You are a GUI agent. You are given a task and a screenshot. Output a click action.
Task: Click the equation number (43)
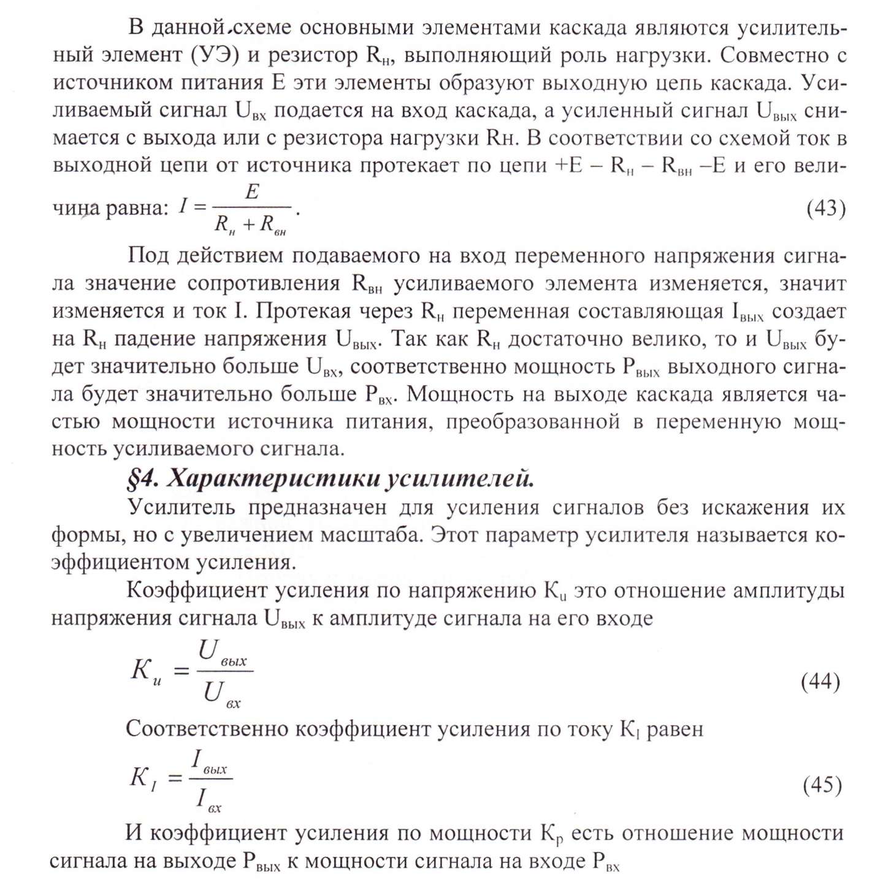coord(825,209)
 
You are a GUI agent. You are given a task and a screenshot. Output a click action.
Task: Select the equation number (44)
coord(820,682)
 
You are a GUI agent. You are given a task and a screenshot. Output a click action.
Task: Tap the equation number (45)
coord(822,785)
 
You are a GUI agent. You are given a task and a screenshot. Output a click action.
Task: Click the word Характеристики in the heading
coord(273,479)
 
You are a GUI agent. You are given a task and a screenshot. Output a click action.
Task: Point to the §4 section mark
coord(143,479)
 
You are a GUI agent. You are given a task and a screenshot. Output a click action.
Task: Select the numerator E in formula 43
coord(252,193)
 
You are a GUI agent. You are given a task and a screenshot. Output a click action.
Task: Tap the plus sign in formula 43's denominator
coord(248,225)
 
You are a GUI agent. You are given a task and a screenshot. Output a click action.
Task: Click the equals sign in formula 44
coord(181,671)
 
